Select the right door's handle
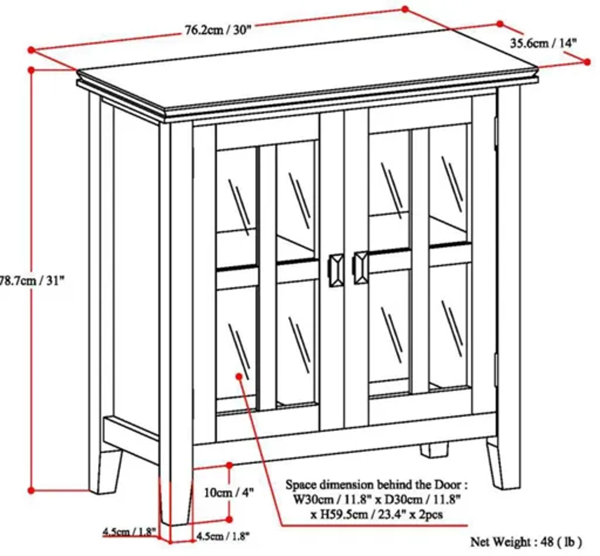(360, 268)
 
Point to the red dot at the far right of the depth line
(587, 62)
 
